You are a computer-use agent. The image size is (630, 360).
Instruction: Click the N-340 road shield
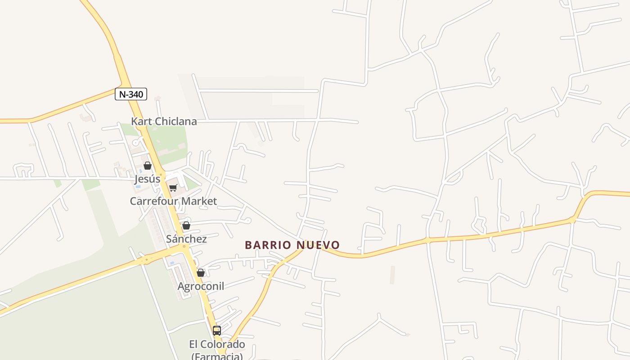click(131, 94)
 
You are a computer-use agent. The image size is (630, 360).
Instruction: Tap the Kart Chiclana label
click(164, 121)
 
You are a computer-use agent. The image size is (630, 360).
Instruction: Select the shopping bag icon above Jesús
click(148, 166)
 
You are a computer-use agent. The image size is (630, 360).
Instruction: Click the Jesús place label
click(148, 179)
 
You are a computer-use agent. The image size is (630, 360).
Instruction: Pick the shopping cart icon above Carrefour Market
click(173, 188)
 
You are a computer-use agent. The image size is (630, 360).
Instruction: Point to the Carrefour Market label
click(173, 201)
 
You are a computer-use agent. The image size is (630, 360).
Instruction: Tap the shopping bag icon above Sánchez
click(186, 225)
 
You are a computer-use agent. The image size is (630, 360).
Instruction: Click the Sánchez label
click(186, 239)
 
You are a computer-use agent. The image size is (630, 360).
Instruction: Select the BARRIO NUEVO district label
click(292, 245)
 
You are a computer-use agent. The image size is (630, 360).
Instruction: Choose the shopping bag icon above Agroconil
click(201, 273)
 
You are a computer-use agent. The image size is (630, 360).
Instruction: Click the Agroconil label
click(201, 286)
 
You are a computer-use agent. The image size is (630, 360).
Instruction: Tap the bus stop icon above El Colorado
click(217, 331)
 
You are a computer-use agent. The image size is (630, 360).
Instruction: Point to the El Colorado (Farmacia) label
click(217, 350)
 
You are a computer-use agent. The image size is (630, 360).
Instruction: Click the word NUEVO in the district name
click(318, 245)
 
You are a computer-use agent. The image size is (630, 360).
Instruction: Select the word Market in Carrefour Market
click(197, 201)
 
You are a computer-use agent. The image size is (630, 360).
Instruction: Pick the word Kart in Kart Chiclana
click(140, 121)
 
